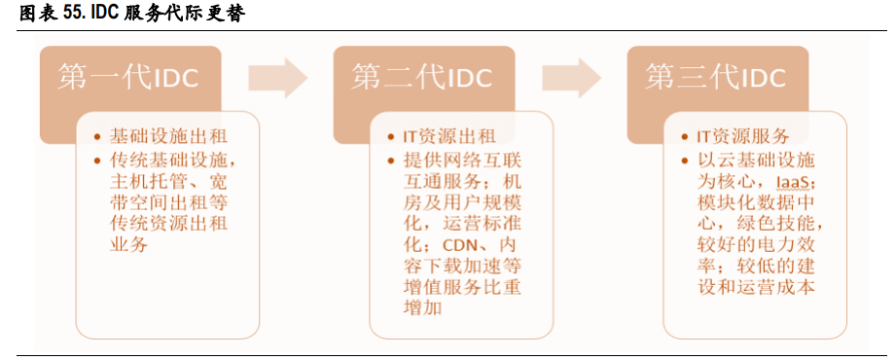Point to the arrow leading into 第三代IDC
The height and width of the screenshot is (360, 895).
tap(571, 78)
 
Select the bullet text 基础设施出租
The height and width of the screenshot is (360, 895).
tap(157, 136)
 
